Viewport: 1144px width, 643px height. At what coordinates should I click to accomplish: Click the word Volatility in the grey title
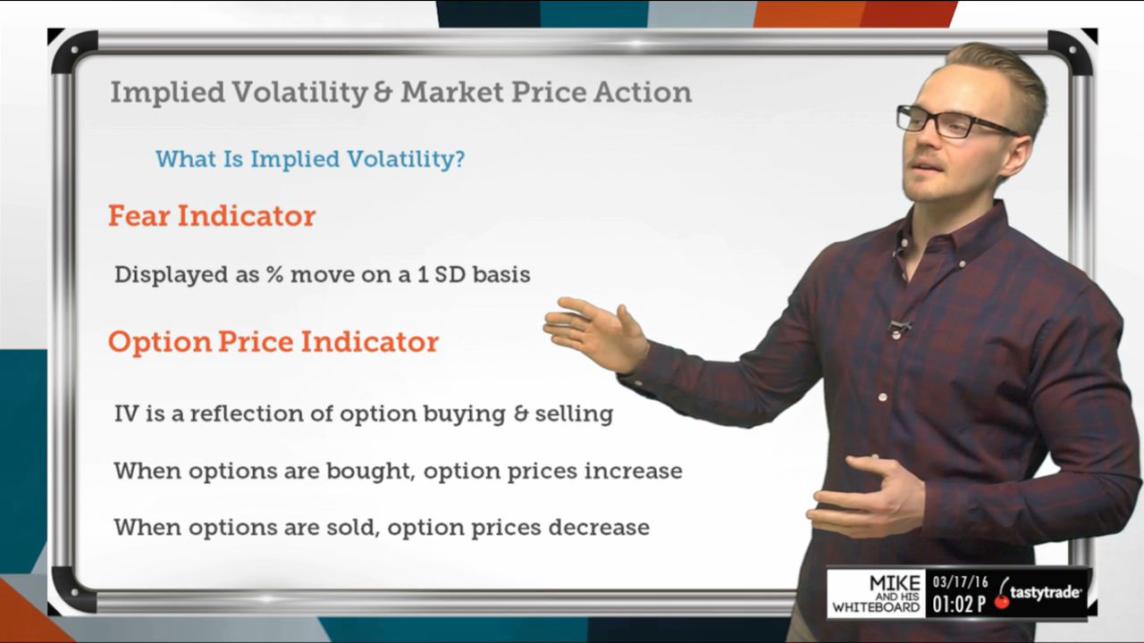click(299, 92)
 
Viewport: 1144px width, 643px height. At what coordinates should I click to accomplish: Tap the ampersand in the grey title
click(384, 92)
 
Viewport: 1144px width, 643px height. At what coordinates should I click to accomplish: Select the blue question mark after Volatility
click(458, 158)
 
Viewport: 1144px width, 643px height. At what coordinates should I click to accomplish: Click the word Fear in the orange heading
click(139, 215)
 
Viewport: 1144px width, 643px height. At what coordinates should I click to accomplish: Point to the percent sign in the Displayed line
click(274, 274)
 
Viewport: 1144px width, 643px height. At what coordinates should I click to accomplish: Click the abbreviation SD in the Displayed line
click(450, 274)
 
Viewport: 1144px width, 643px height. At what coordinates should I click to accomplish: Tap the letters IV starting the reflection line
click(126, 413)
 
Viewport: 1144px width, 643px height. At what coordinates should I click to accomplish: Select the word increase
click(633, 471)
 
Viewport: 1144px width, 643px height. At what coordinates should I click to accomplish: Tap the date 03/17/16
click(960, 581)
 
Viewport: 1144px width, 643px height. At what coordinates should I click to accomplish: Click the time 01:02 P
click(959, 604)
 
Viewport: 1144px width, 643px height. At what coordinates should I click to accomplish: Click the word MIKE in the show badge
click(895, 583)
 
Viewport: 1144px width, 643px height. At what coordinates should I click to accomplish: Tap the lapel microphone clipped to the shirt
click(898, 327)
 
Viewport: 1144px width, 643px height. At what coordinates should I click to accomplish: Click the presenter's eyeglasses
click(956, 122)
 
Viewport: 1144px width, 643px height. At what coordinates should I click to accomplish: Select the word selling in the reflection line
click(574, 413)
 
